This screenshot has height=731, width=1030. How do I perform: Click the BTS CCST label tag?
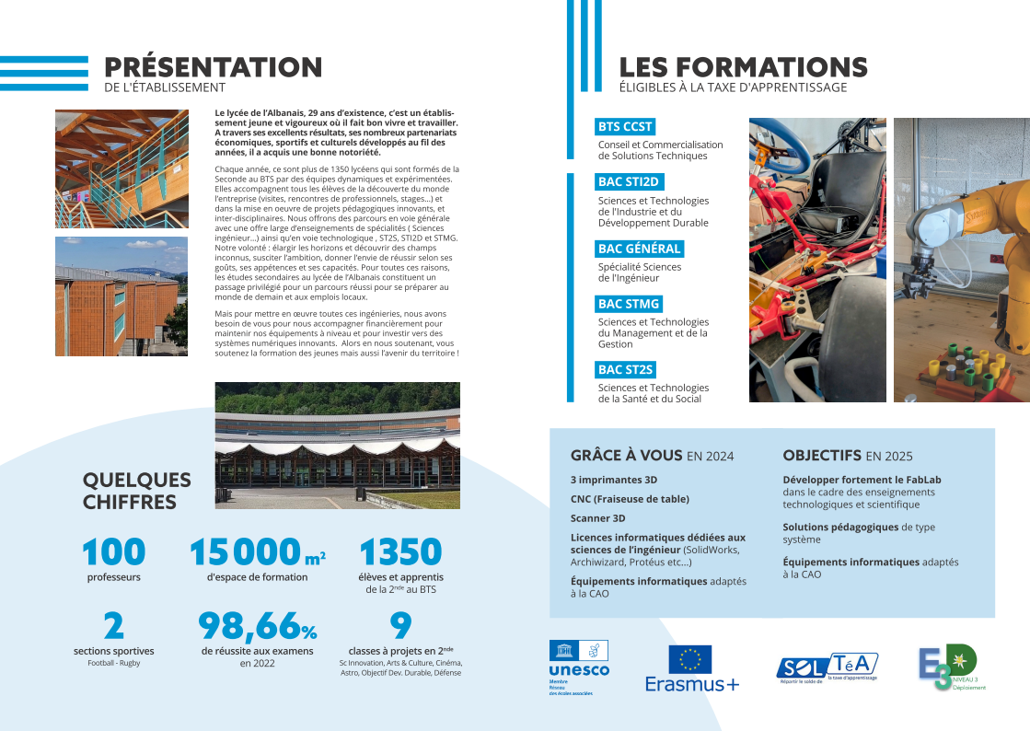625,127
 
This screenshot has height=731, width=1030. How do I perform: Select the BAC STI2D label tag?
629,182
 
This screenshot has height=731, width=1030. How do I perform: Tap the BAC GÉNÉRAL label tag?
639,249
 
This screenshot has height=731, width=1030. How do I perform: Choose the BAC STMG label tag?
629,304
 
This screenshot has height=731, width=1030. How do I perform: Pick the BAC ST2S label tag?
625,370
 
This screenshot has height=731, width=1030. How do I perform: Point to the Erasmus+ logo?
691,668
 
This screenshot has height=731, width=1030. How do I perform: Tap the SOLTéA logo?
827,667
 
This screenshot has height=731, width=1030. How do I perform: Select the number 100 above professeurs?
114,552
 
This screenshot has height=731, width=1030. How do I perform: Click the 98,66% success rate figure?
258,626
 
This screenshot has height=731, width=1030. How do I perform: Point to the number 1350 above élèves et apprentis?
400,552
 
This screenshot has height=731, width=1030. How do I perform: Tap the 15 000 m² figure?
257,552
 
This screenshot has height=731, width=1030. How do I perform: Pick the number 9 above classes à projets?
400,626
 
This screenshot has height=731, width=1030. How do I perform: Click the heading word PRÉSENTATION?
213,67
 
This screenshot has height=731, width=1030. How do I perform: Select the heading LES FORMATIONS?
743,67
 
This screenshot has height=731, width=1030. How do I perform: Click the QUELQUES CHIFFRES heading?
137,491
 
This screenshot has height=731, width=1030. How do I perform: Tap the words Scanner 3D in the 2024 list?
598,518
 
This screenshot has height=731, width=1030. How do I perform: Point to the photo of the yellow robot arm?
961,260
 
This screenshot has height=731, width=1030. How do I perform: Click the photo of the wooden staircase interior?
122,169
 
